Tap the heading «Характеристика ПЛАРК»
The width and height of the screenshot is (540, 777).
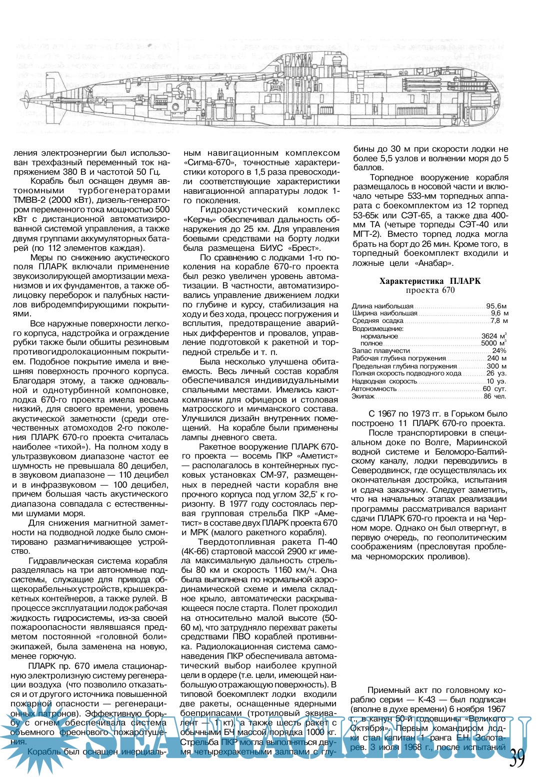click(x=430, y=281)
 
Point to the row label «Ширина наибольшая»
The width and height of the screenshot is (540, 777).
click(x=384, y=313)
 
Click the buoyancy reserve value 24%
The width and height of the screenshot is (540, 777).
click(x=499, y=351)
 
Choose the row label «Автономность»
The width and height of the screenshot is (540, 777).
click(x=373, y=389)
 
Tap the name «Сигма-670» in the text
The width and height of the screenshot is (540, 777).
click(x=206, y=163)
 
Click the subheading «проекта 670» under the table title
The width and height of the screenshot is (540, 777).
click(x=430, y=290)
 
